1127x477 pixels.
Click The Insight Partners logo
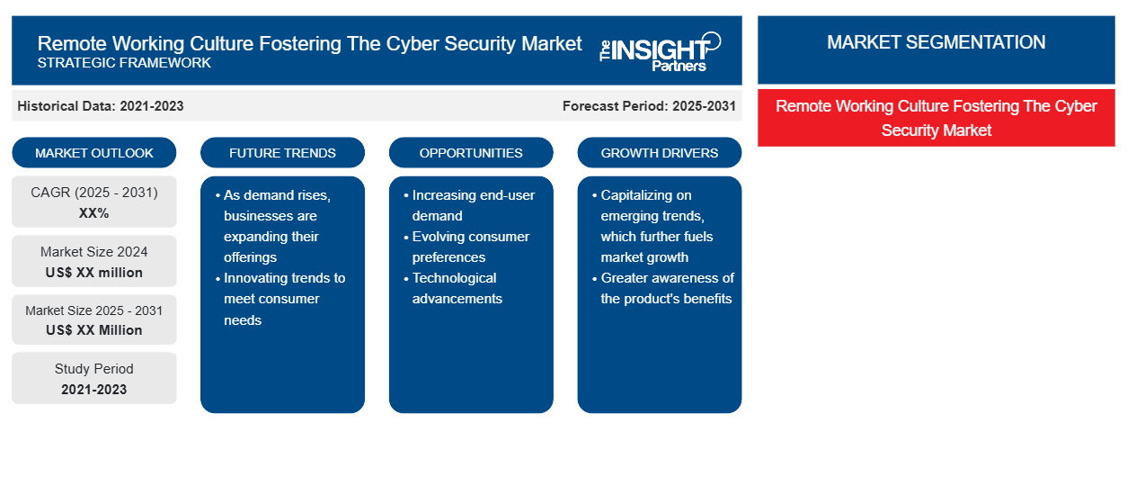660,51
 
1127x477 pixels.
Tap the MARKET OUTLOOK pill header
94,153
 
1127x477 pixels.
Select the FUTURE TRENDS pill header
282,153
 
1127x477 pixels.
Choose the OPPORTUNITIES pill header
471,153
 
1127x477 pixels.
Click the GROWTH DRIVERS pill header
659,153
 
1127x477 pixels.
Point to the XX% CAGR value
94,213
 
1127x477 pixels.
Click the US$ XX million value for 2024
94,273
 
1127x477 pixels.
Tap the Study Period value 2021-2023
94,390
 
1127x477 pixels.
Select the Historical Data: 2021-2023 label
101,106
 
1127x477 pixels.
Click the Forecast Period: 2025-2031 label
649,106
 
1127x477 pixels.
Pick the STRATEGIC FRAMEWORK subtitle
124,63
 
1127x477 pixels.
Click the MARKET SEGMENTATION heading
936,42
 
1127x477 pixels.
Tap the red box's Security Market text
936,130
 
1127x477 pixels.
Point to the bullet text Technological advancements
456,288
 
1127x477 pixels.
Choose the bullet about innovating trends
282,299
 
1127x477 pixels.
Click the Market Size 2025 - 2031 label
94,310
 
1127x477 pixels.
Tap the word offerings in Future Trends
250,257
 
